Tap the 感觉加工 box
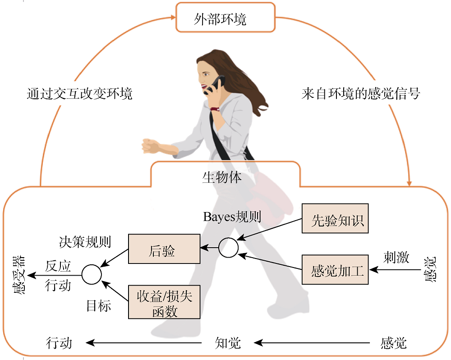tap(335, 271)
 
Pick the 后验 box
tap(164, 249)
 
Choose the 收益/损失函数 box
tap(164, 302)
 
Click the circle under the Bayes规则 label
tap(228, 247)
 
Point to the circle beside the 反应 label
tap(91, 274)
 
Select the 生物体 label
tap(222, 177)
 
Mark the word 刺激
tap(396, 257)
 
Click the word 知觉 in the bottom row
tap(228, 343)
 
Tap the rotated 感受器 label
tap(19, 276)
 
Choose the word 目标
tap(98, 306)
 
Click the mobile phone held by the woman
tap(216, 84)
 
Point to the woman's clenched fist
tap(151, 145)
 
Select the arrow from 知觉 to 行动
tap(144, 343)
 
